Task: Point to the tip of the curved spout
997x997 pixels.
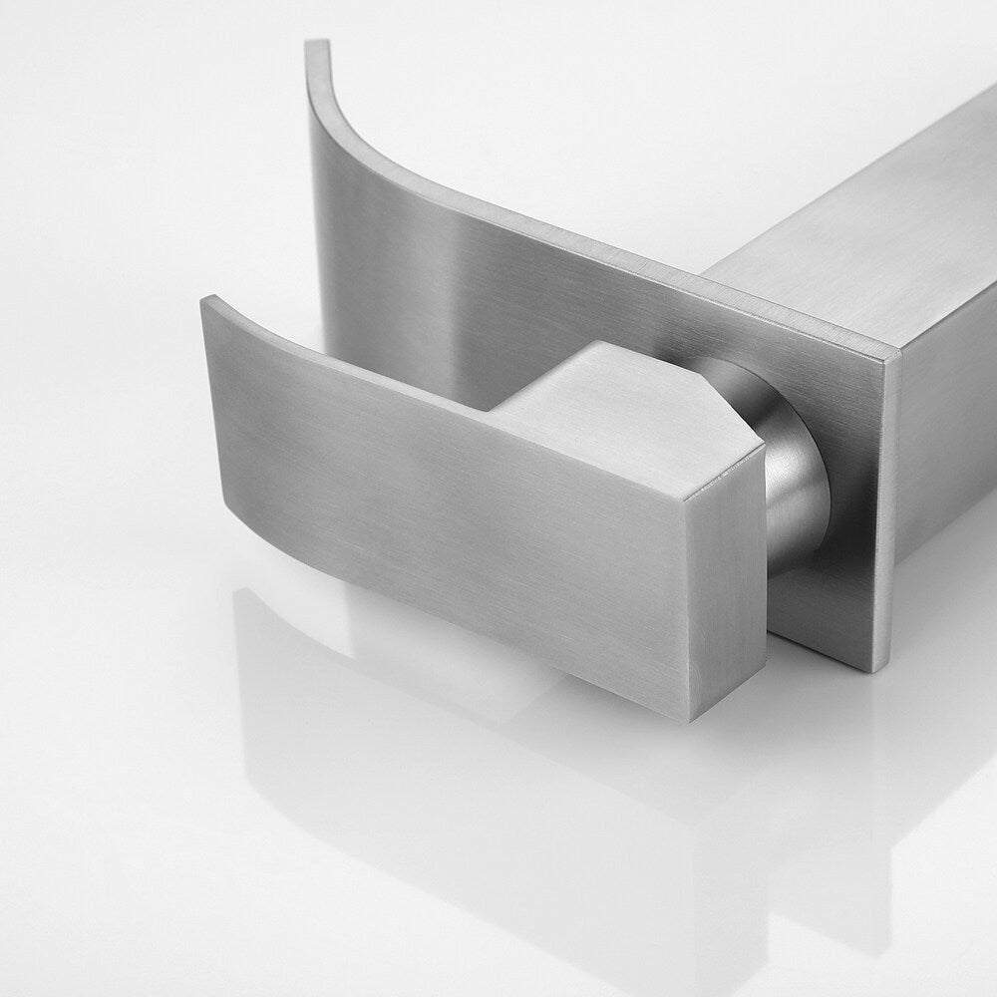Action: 317,45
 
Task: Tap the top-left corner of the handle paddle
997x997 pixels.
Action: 205,299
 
